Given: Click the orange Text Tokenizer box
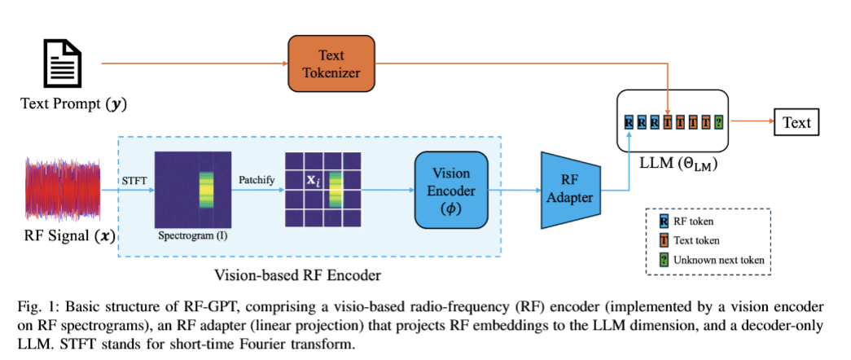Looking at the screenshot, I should (331, 64).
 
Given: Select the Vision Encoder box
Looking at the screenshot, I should (450, 189).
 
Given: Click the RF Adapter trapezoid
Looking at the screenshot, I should (570, 189).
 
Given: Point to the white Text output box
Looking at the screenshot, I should (796, 123).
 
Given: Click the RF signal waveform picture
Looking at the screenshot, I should (63, 190).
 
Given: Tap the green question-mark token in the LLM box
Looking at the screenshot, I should (717, 123).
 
